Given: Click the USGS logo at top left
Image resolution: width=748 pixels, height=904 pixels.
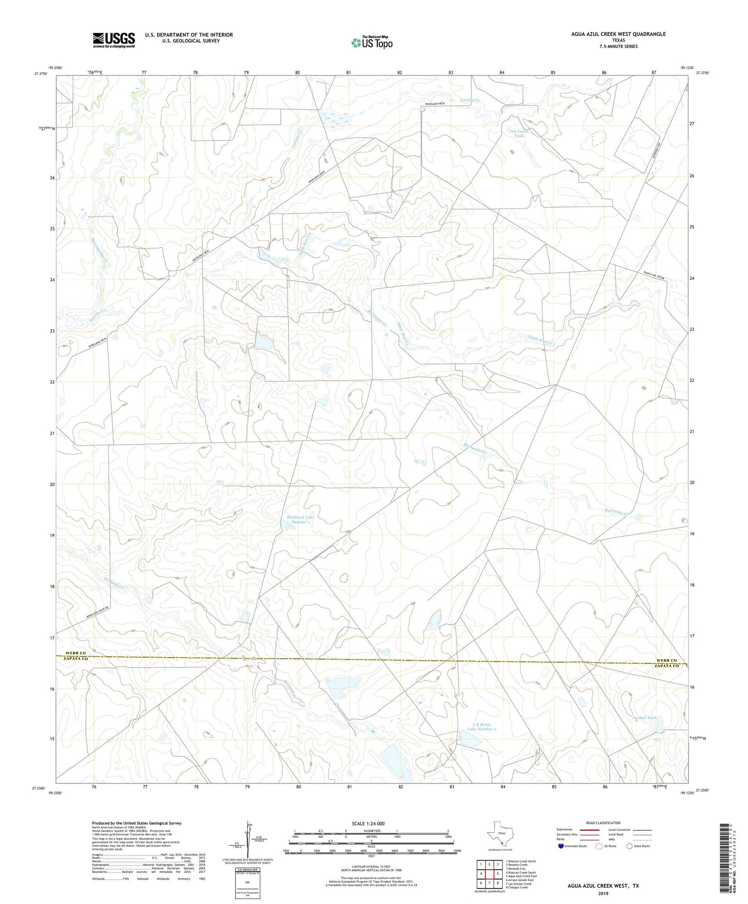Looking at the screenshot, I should click(114, 40).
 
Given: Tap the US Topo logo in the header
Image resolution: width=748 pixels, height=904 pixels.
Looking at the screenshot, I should click(372, 43).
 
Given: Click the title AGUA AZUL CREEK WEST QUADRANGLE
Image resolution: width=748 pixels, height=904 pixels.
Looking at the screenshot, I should click(618, 34).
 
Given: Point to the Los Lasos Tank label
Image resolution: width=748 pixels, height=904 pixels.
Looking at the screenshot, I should click(519, 133).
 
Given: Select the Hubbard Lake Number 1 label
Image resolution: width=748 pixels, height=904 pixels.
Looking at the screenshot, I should click(300, 520).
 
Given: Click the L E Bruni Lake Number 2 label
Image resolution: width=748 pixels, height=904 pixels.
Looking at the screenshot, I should click(481, 726).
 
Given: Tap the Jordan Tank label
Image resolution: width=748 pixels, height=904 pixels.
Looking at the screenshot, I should click(645, 718).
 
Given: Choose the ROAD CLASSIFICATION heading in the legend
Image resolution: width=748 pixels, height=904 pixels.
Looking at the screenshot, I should click(603, 823).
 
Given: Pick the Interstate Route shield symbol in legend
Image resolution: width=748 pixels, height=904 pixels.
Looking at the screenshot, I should click(561, 846).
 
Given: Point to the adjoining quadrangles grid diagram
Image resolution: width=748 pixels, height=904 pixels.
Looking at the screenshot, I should click(489, 873).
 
